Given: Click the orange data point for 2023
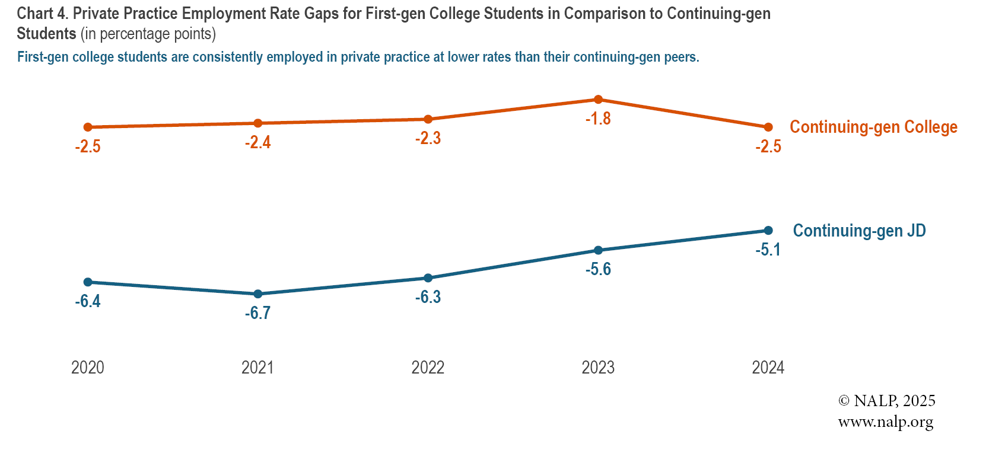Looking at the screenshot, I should pos(598,100).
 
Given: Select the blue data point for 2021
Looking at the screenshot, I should pos(258,294).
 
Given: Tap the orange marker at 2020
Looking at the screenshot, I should pos(88,127).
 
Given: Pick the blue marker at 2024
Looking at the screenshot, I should pos(768,231).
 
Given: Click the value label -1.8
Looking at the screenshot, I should pos(598,119).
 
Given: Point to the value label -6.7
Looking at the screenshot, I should pos(258,313).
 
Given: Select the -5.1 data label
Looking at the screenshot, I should pos(768,250).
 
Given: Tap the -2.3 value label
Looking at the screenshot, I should pos(428,139).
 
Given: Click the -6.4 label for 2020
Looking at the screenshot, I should pos(88,301).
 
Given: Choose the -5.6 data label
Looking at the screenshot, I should pos(598,270).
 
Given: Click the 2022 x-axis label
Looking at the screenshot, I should pos(428,368).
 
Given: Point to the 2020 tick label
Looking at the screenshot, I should pos(88,368).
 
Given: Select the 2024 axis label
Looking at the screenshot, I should pos(768,368).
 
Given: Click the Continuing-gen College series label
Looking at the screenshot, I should pos(873,127).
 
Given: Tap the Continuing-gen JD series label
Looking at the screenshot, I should pos(859,231).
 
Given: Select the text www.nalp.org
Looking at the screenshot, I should pos(885,422).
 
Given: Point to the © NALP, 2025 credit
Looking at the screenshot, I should pos(886,401).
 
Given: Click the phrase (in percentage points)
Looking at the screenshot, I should pos(148,34).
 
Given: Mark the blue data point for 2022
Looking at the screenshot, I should pos(428,278).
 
